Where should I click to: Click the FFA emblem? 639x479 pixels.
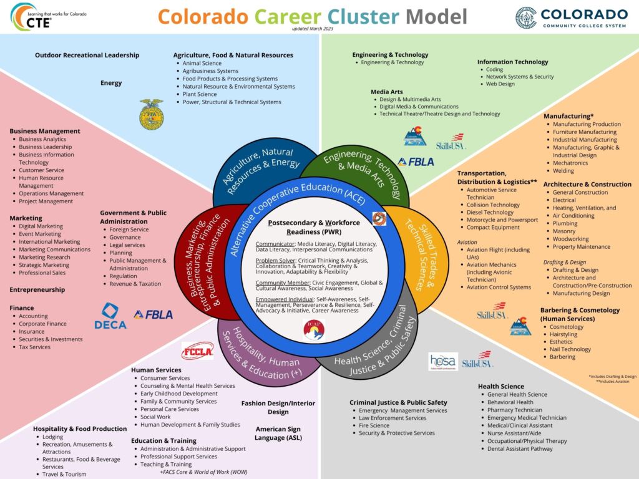click(x=151, y=114)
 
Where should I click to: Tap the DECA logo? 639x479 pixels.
click(x=110, y=316)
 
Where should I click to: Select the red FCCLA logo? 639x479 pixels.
click(x=197, y=351)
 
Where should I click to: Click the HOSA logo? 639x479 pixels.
click(x=443, y=362)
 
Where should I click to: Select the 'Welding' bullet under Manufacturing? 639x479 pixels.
click(x=563, y=171)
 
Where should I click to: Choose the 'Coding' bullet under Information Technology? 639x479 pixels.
click(x=495, y=70)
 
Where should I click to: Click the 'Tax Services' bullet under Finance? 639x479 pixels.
click(x=34, y=347)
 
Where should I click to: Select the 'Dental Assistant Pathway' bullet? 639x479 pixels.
click(x=520, y=449)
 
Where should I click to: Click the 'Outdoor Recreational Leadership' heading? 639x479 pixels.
click(x=87, y=56)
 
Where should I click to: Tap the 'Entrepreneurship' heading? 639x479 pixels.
click(x=37, y=290)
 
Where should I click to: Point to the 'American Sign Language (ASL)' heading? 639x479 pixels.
click(x=278, y=433)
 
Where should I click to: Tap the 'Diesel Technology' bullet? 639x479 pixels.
click(x=490, y=212)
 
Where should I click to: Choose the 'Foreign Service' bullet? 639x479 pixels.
click(x=129, y=230)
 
